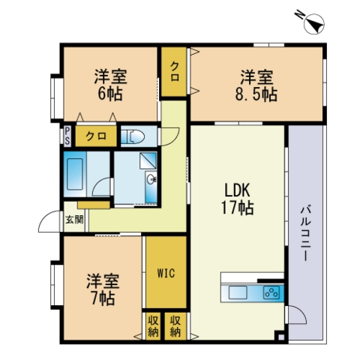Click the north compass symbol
coord(313,23)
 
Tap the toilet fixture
coord(133,136)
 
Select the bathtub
coord(75,174)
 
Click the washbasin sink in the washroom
coord(151,179)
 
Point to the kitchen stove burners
coord(271,292)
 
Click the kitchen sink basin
coord(238,292)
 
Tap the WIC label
coord(166,273)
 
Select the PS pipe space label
coord(67,136)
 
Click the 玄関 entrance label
coord(74,220)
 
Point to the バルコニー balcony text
coord(305,233)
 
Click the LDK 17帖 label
coord(237,199)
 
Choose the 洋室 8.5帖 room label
coord(256,85)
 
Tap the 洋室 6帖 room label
coord(110,85)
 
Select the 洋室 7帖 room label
coord(103,289)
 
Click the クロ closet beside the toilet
coord(96,136)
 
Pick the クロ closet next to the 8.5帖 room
coord(174,71)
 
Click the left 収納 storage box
coord(153,326)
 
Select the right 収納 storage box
coord(175,326)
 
